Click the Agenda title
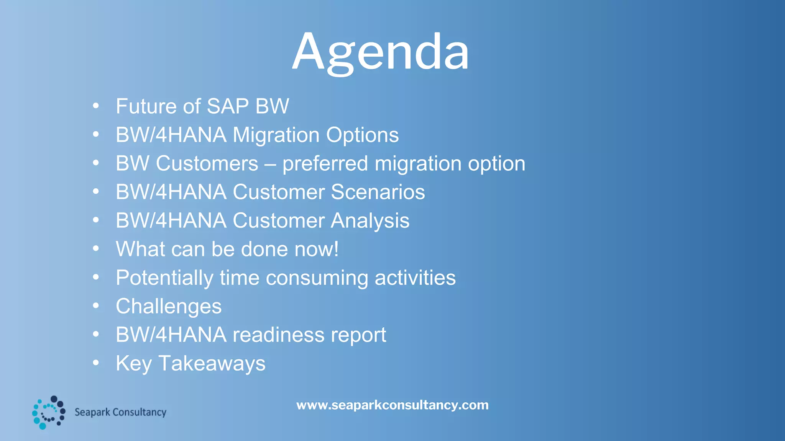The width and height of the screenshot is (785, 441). (x=380, y=52)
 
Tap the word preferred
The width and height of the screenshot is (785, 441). (x=325, y=164)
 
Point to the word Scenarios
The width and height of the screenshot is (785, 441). (x=378, y=192)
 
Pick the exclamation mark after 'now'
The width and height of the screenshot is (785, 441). (x=336, y=249)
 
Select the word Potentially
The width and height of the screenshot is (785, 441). (x=164, y=278)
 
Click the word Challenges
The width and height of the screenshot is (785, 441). (x=169, y=307)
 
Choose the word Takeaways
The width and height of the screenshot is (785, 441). (x=212, y=363)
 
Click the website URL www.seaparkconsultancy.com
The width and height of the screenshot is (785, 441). (x=392, y=405)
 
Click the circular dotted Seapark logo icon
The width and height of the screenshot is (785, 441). (x=49, y=413)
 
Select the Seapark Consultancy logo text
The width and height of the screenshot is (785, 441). (x=120, y=412)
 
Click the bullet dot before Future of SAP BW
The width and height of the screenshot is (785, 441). (x=96, y=105)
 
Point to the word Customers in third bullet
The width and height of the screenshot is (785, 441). (x=207, y=163)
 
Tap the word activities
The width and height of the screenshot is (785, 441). (x=415, y=278)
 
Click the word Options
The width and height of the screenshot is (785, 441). (x=362, y=135)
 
